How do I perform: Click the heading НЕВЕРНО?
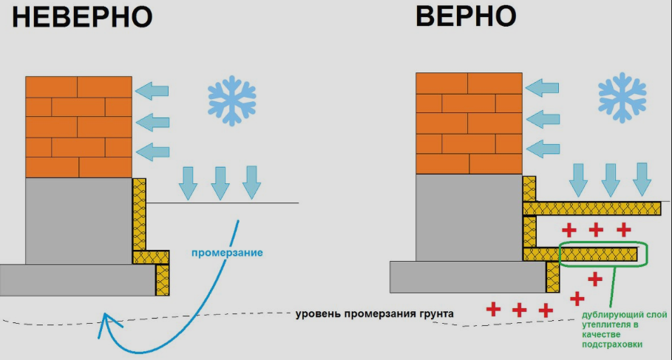click(82, 18)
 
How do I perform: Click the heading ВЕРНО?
click(466, 17)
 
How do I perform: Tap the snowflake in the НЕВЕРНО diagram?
click(232, 101)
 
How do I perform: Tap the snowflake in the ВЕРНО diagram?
click(622, 98)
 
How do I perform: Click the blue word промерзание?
click(227, 252)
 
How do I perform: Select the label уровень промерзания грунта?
click(375, 313)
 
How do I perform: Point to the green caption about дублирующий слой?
click(624, 329)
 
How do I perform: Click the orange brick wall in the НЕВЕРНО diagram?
click(79, 127)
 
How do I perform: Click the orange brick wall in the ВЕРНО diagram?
click(469, 123)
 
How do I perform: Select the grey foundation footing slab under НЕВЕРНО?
click(78, 280)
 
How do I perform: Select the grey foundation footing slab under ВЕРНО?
click(468, 277)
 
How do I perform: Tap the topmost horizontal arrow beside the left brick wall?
click(152, 91)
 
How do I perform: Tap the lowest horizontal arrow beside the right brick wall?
click(543, 149)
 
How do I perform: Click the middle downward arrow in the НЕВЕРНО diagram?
click(220, 183)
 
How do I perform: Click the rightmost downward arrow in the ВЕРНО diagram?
click(642, 179)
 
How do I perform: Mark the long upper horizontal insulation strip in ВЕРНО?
click(592, 208)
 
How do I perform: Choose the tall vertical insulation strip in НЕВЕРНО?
click(139, 214)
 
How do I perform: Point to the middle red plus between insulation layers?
click(596, 230)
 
